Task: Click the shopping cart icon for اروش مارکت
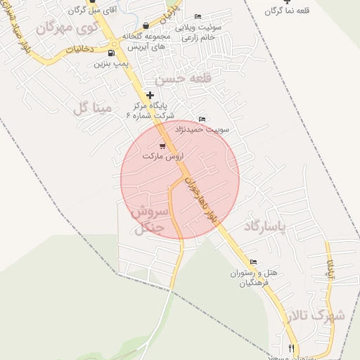pyautogui.click(x=162, y=146)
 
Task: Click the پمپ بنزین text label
pyautogui.click(x=111, y=63)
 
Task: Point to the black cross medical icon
pyautogui.click(x=150, y=94)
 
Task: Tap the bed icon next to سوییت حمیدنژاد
pyautogui.click(x=202, y=119)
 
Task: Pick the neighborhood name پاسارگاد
pyautogui.click(x=266, y=227)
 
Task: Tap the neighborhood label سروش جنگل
pyautogui.click(x=148, y=219)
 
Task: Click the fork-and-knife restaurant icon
pyautogui.click(x=291, y=348)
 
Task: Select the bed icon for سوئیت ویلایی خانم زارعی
pyautogui.click(x=198, y=16)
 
